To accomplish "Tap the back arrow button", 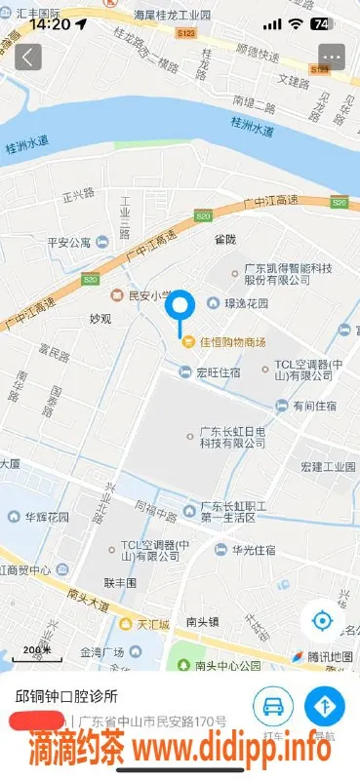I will [x=28, y=57].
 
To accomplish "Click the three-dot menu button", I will [x=332, y=57].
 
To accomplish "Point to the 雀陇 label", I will [x=225, y=237].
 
